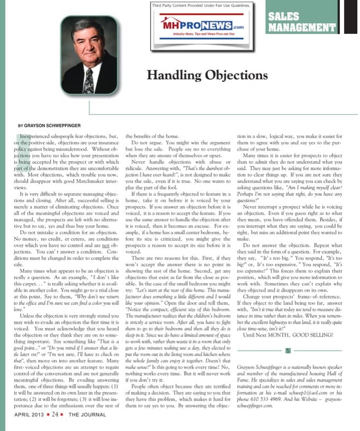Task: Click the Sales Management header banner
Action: tap(301, 22)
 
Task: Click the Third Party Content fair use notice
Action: tap(201, 5)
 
